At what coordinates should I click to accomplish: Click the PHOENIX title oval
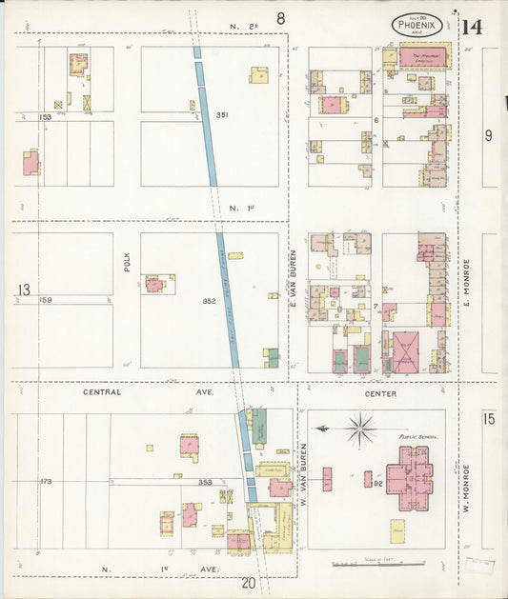coord(417,25)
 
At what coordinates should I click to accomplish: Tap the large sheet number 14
coord(471,26)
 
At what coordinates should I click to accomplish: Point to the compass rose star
coord(360,429)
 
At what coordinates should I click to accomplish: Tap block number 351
coord(222,115)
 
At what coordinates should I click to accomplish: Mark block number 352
coord(209,302)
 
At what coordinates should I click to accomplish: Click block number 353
coord(205,483)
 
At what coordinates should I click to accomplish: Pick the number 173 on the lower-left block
coord(46,482)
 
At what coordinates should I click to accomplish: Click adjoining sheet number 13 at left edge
coord(23,290)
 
